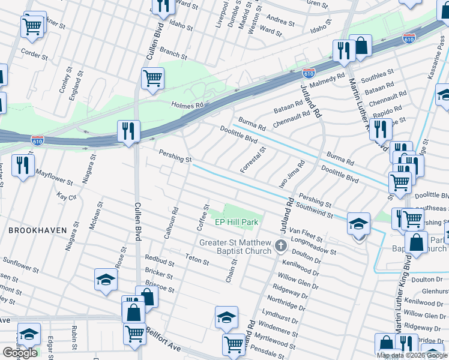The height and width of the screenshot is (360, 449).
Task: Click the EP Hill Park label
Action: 237,222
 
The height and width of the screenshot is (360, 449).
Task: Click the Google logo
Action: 20,353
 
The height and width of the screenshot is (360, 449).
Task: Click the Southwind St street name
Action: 314,211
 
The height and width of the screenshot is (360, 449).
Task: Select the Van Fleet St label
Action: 303,230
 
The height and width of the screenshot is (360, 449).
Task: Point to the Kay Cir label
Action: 67,196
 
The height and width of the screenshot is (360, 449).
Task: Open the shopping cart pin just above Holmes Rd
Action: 152,79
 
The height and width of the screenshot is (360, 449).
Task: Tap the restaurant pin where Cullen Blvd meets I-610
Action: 128,131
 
